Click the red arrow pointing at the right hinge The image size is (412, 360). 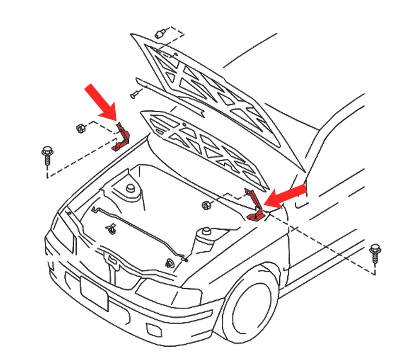(x=286, y=196)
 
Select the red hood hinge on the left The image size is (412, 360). (x=122, y=137)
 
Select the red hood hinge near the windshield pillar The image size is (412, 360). (x=254, y=205)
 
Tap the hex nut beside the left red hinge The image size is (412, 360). (x=81, y=128)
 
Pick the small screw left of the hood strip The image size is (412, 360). (x=134, y=95)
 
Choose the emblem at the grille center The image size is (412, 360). (x=111, y=259)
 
